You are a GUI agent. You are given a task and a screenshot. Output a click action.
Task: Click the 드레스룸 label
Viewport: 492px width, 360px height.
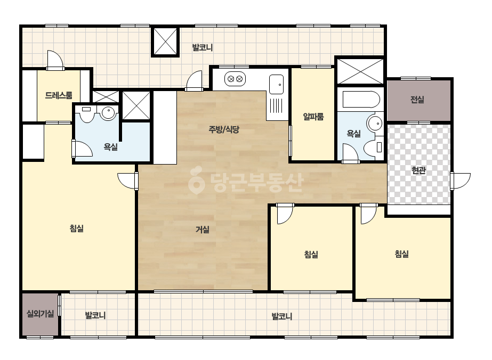59,95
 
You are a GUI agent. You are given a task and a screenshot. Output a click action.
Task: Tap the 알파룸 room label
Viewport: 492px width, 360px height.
313,117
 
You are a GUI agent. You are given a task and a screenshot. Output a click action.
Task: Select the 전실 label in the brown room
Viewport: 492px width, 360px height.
417,100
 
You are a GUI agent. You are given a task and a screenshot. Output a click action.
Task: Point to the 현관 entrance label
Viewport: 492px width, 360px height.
418,170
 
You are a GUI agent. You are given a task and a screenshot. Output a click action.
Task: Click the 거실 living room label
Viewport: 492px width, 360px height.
203,230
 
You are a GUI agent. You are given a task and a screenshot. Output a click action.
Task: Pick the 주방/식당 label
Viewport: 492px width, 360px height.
224,129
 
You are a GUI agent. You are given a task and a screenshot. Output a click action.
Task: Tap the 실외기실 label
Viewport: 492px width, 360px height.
40,313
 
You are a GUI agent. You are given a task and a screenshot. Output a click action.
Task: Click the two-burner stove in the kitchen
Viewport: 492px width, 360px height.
235,79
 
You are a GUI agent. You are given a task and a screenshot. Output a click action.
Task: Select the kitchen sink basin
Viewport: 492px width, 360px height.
277,84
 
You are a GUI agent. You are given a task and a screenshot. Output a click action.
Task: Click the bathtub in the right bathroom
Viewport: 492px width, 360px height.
361,100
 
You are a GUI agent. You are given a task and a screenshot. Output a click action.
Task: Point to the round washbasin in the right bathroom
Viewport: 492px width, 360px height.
375,124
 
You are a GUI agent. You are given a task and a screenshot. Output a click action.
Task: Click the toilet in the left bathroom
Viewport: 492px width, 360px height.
86,113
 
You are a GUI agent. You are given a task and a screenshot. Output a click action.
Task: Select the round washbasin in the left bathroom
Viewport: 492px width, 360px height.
108,112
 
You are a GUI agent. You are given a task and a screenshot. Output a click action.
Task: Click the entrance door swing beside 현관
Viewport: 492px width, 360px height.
461,181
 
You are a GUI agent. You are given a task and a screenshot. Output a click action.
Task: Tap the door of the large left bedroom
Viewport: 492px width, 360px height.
128,181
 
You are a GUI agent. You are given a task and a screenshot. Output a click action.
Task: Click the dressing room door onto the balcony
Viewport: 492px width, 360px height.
55,60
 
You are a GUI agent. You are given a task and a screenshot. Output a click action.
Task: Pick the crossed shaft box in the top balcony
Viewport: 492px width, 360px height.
165,42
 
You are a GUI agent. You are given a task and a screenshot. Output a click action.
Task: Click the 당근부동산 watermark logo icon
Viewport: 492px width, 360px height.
196,181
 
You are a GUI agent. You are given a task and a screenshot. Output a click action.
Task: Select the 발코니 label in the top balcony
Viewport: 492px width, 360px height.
203,48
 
